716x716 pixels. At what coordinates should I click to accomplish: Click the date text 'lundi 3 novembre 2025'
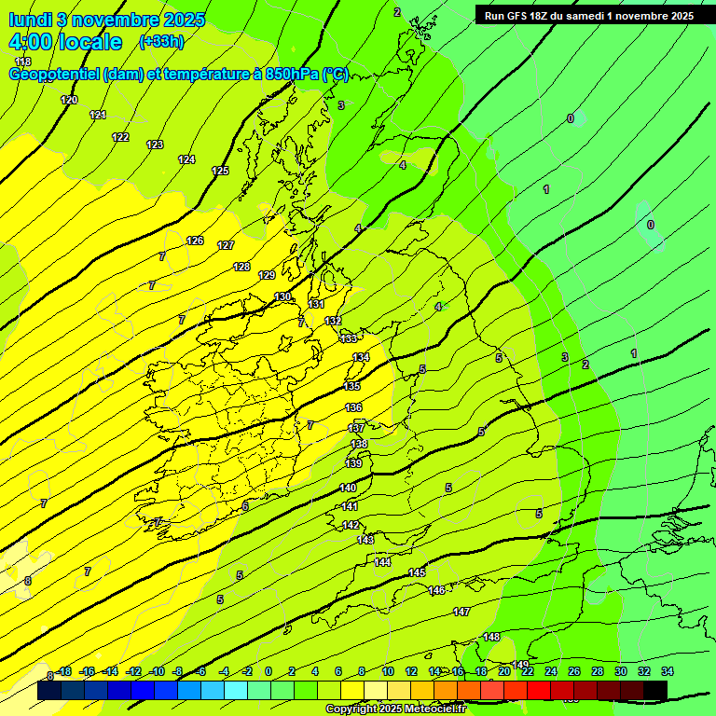(107, 19)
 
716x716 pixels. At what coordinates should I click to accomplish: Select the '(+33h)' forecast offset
(161, 41)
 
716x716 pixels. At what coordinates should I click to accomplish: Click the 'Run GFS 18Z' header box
(588, 16)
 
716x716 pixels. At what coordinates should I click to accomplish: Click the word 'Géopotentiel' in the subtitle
(55, 75)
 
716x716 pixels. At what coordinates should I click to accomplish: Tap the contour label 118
(23, 62)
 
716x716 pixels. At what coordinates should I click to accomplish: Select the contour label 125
(220, 171)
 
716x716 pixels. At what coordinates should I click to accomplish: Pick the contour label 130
(282, 296)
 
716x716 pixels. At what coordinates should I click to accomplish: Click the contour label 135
(351, 386)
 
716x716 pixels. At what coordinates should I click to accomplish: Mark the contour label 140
(348, 488)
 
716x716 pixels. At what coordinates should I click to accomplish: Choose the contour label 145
(417, 572)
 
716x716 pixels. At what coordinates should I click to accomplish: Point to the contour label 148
(491, 637)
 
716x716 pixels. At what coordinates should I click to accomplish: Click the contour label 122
(120, 137)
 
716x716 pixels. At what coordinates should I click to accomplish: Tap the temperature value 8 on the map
(27, 580)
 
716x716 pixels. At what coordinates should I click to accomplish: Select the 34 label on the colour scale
(668, 671)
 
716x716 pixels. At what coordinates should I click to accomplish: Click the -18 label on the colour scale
(63, 671)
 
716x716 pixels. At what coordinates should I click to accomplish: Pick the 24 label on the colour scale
(550, 671)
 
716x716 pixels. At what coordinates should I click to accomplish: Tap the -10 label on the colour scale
(157, 671)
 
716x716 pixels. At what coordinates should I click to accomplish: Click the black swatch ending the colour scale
(654, 690)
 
